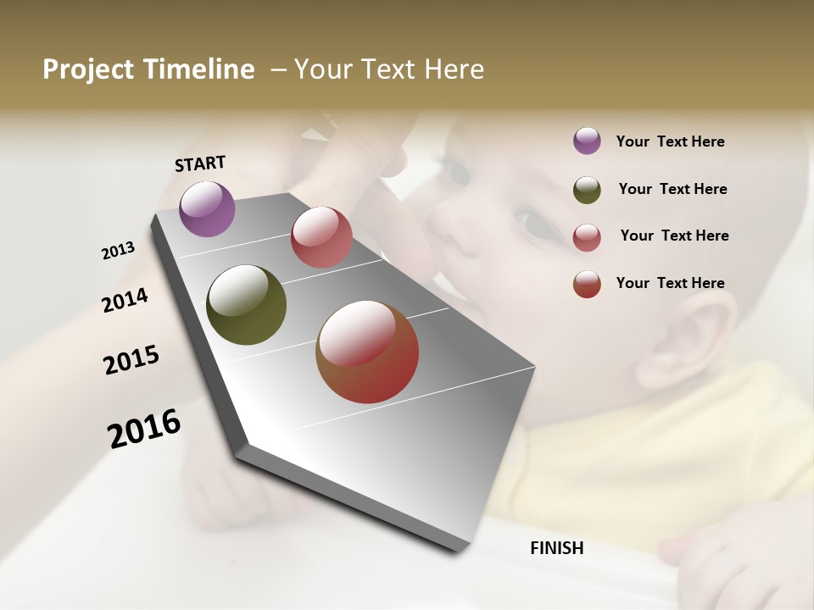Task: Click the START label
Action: [200, 164]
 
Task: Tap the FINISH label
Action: [556, 548]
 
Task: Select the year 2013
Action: [118, 251]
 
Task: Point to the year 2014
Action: [125, 300]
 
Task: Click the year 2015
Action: [131, 359]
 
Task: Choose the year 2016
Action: [144, 428]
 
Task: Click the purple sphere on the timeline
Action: [207, 208]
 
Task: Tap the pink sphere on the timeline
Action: [321, 237]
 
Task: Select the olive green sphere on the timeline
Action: [246, 305]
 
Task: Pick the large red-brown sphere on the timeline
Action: [367, 352]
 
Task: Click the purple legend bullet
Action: [587, 141]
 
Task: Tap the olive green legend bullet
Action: [587, 190]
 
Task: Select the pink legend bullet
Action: [587, 237]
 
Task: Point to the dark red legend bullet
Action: [587, 284]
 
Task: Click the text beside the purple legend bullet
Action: [670, 141]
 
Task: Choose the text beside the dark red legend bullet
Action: [670, 283]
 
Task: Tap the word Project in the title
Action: [88, 69]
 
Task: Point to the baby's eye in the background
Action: [532, 225]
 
